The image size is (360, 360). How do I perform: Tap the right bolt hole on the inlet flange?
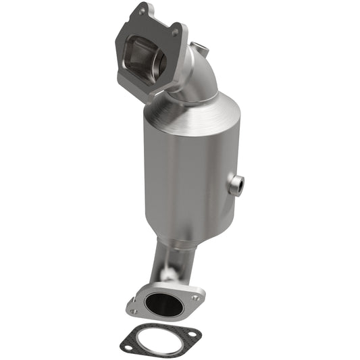pos(175,32)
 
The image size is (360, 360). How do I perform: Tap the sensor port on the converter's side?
pos(236,184)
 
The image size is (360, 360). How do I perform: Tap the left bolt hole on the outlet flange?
pos(134,311)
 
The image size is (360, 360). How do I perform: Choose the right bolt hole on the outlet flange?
pos(195,297)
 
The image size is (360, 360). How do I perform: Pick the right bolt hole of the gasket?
pos(194,335)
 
